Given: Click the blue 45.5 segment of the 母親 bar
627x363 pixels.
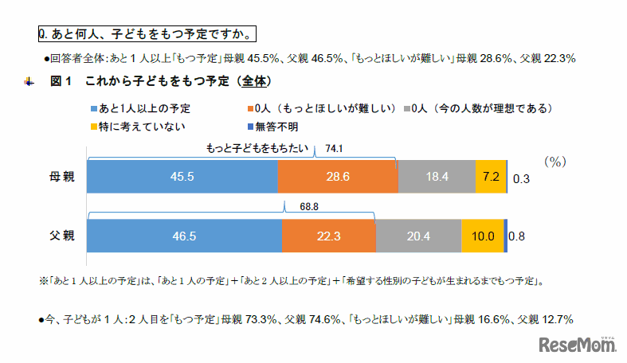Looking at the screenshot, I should pos(182,176).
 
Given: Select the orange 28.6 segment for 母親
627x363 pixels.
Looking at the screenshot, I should pos(337,176).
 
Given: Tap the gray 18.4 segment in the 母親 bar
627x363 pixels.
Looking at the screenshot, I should pos(436,176).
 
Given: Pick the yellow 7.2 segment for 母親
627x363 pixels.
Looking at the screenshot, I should pos(490,176).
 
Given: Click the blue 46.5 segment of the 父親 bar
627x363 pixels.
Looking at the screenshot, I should pos(184,236).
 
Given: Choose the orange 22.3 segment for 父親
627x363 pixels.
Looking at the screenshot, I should pos(328,236).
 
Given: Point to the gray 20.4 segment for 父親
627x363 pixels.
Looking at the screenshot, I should pos(418,236).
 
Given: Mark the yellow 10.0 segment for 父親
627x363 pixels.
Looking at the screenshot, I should pos(483,236).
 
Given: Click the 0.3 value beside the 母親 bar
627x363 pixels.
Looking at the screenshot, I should pos(519,178).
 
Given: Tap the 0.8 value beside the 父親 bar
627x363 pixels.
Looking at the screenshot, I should pos(516,236).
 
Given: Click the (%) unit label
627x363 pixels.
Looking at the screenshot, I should pos(555,161).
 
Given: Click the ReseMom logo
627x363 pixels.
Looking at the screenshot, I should pos(578,345).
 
